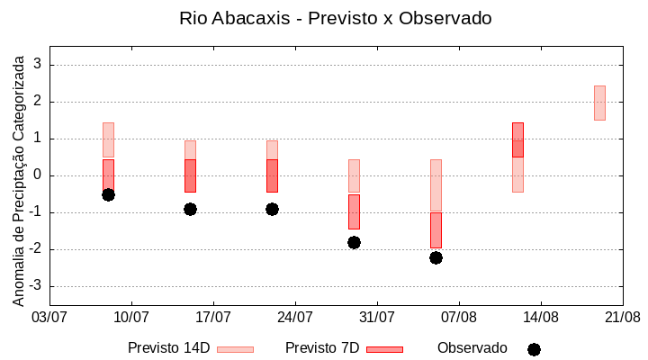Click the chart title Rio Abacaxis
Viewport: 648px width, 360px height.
[x=336, y=18]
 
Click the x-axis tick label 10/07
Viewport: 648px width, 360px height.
[x=131, y=317]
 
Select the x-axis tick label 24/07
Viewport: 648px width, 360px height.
[x=295, y=317]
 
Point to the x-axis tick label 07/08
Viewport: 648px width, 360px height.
[x=459, y=317]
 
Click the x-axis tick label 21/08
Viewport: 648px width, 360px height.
[x=622, y=317]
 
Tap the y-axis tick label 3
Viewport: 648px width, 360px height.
[x=39, y=65]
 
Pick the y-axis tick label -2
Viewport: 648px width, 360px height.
[x=36, y=249]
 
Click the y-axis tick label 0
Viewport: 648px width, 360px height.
[x=39, y=175]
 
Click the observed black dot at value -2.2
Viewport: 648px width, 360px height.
[x=436, y=257]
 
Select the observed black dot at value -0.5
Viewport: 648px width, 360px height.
[x=108, y=194]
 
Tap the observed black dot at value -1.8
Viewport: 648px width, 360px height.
[x=354, y=242]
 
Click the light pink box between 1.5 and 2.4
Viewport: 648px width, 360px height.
[x=599, y=103]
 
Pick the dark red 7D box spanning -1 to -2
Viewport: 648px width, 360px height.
[x=436, y=229]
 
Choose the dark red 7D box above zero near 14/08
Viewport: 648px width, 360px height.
[x=517, y=139]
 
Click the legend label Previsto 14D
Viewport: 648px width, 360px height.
[x=168, y=348]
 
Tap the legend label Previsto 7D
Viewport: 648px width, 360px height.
[x=322, y=348]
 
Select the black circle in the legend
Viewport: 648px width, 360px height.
[x=534, y=349]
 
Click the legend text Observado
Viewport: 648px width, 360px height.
[x=472, y=348]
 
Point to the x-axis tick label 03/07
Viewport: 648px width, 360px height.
[x=49, y=317]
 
